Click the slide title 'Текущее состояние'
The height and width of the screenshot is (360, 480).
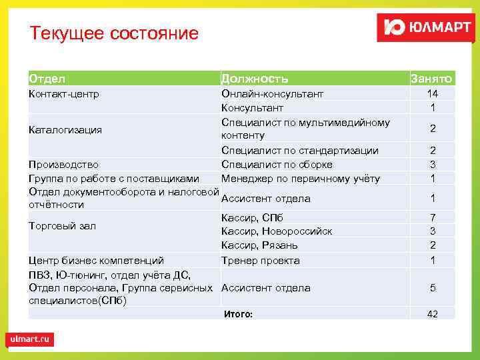click(x=114, y=33)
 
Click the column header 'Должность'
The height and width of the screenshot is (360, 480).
click(x=255, y=79)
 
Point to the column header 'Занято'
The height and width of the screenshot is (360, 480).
click(x=431, y=79)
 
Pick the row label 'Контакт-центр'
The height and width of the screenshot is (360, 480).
click(x=64, y=94)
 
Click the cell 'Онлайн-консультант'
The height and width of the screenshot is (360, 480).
click(x=272, y=94)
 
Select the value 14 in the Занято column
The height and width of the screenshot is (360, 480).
click(x=433, y=94)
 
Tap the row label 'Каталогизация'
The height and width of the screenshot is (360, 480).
click(x=65, y=129)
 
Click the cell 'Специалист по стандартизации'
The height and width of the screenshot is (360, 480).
click(x=299, y=151)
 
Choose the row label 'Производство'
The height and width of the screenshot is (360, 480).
click(x=63, y=165)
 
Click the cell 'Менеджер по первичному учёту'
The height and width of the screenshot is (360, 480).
click(x=301, y=178)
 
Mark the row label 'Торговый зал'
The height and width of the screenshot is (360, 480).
click(x=62, y=226)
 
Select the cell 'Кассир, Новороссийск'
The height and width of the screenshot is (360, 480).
click(x=276, y=231)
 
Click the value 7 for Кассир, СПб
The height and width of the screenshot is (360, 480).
click(x=433, y=218)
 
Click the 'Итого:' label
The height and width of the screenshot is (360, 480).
click(x=238, y=313)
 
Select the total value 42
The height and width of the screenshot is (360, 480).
click(x=433, y=314)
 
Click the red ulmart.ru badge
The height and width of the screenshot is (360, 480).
click(x=30, y=339)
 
